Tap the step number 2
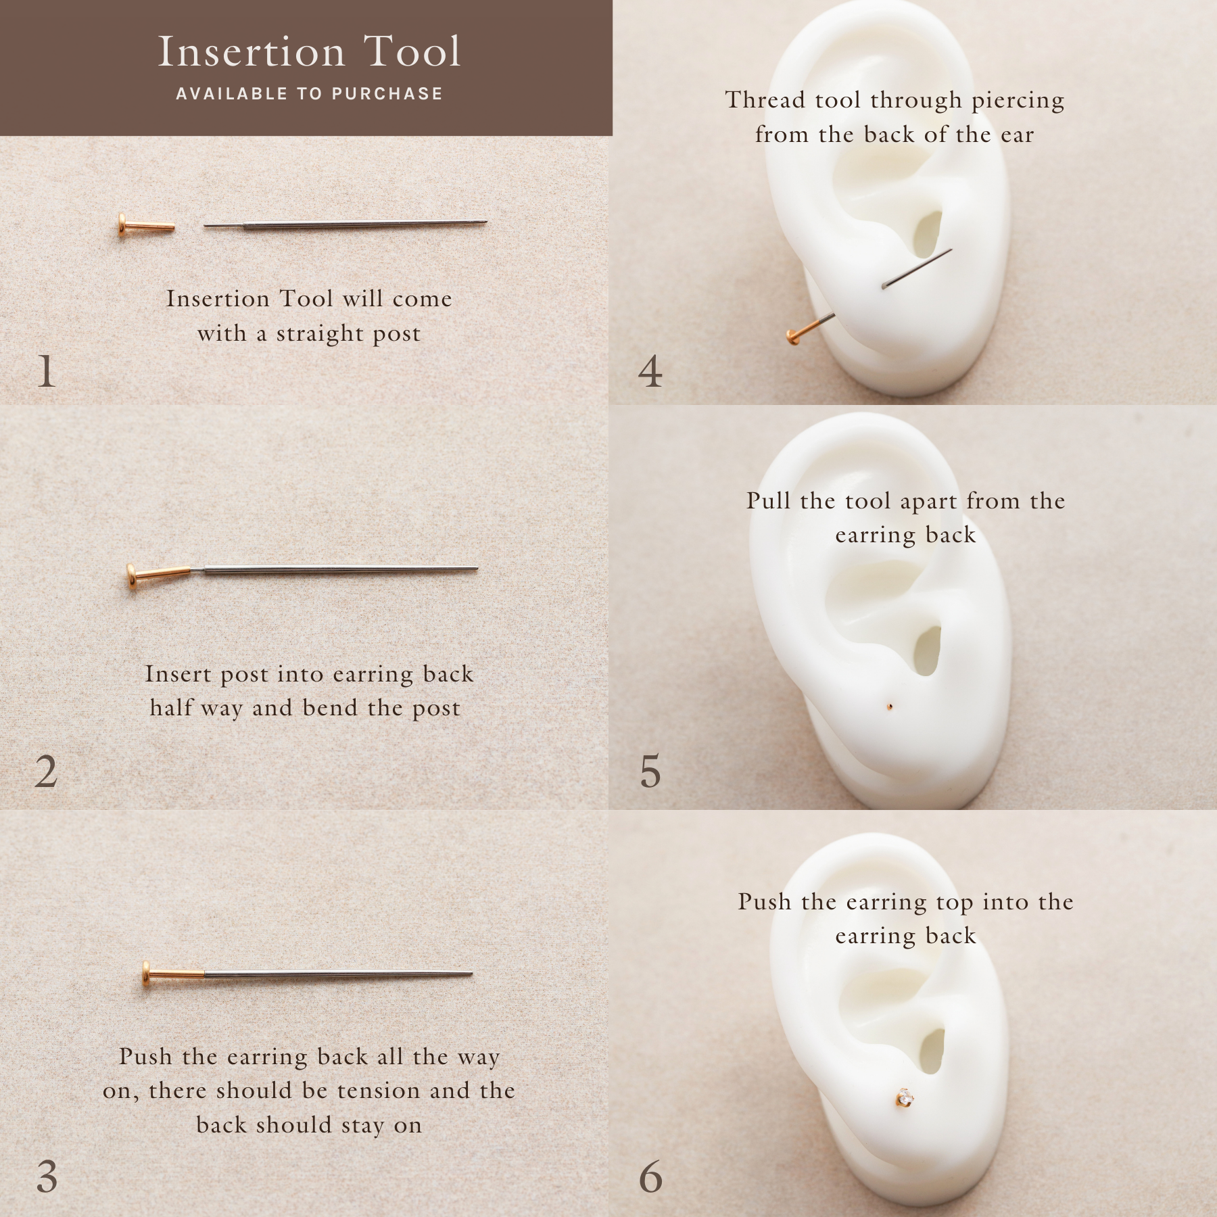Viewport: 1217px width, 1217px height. (x=46, y=771)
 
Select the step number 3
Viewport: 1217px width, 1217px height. (x=47, y=1177)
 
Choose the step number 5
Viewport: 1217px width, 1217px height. (x=650, y=771)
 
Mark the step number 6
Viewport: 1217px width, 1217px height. (x=650, y=1177)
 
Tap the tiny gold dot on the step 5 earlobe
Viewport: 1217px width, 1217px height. (x=890, y=707)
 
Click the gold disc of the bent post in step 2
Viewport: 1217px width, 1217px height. (x=132, y=578)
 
